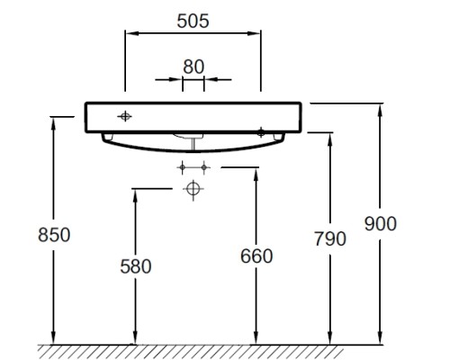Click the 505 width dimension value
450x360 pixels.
click(x=193, y=22)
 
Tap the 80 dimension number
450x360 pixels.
click(x=193, y=67)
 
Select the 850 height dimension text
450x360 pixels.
click(x=54, y=235)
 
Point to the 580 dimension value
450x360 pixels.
click(x=136, y=266)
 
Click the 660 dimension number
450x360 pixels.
click(x=256, y=256)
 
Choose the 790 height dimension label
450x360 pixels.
click(x=330, y=238)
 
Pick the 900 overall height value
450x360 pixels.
click(x=381, y=224)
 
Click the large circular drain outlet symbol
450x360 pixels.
click(x=193, y=189)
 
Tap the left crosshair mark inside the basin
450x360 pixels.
click(x=124, y=116)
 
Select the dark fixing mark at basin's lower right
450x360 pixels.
click(x=261, y=132)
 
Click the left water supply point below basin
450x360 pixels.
click(x=183, y=167)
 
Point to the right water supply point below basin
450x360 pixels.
click(x=204, y=167)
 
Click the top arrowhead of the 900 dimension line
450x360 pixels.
click(x=380, y=111)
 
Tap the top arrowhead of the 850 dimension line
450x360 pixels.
click(x=53, y=123)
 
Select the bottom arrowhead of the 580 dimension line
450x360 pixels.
click(x=135, y=337)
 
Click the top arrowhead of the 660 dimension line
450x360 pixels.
click(x=256, y=175)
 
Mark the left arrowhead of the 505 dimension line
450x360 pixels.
click(x=132, y=33)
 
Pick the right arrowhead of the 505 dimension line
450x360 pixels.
click(x=254, y=33)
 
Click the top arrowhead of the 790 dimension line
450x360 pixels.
click(x=330, y=139)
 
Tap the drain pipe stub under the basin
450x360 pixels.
click(x=193, y=143)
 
